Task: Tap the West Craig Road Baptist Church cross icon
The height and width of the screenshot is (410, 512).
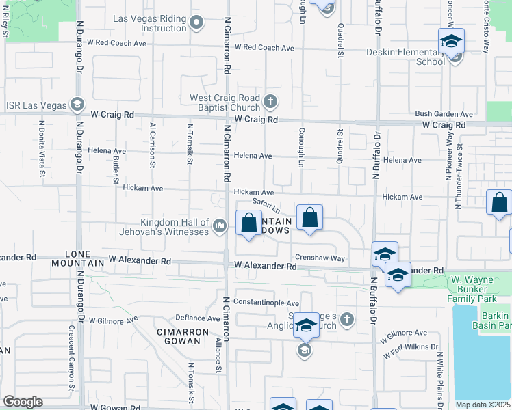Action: point(270,102)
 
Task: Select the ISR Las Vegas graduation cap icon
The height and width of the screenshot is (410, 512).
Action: point(77,105)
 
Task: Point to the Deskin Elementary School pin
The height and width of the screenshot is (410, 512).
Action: point(451,42)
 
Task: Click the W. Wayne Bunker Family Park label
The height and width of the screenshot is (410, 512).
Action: point(480,289)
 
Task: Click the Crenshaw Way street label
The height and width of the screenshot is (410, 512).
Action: point(320,258)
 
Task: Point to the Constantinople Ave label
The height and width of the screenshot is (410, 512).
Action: point(266,303)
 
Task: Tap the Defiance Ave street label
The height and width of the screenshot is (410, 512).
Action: point(197,318)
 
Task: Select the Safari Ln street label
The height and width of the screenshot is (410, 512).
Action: point(267,204)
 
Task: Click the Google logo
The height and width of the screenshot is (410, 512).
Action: point(23,402)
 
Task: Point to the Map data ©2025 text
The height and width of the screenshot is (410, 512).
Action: point(483,405)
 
